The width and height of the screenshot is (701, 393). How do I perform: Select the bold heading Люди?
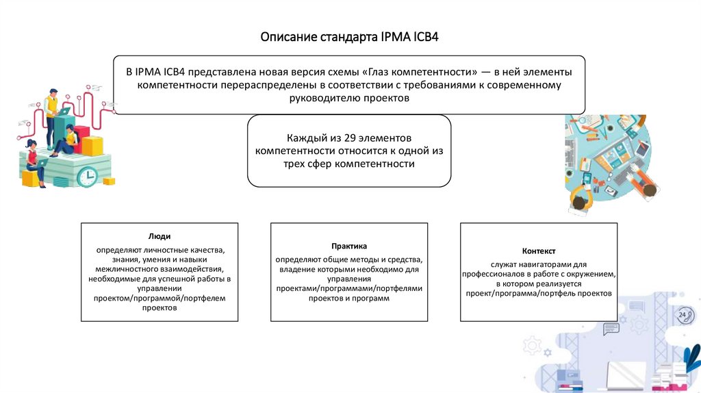tap(160, 236)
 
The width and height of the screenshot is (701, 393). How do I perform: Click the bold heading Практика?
tap(349, 246)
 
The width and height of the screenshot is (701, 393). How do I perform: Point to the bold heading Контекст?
tap(538, 251)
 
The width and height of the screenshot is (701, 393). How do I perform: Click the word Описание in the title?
tap(288, 36)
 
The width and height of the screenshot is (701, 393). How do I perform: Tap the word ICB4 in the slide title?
tap(426, 36)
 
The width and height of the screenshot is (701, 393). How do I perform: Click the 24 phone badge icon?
tap(683, 315)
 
